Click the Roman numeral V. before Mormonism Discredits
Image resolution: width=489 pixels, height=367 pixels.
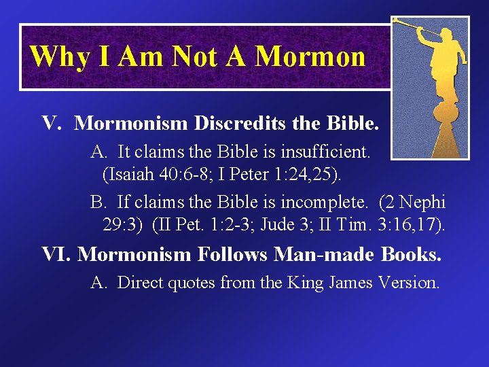[53, 123]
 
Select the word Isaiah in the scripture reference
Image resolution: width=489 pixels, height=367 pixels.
[125, 174]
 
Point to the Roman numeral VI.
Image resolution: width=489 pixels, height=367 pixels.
[56, 255]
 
